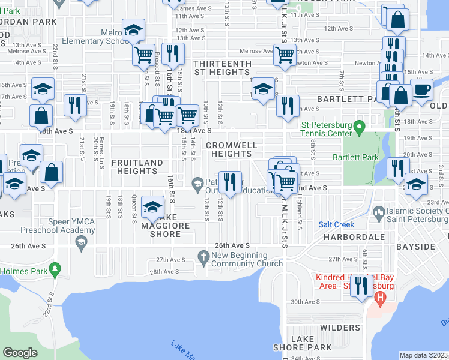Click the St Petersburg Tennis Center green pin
[x=359, y=127]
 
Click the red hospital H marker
[x=379, y=297]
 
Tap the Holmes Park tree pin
[x=55, y=268]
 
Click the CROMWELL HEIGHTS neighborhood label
[x=232, y=150]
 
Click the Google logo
[x=20, y=353]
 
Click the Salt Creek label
[x=333, y=224]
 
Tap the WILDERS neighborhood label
[x=340, y=328]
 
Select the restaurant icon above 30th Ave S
[x=360, y=285]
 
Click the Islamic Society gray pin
[x=379, y=212]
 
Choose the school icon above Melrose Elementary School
[x=133, y=29]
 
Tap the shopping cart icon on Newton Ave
[x=285, y=55]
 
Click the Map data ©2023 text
[x=424, y=355]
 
